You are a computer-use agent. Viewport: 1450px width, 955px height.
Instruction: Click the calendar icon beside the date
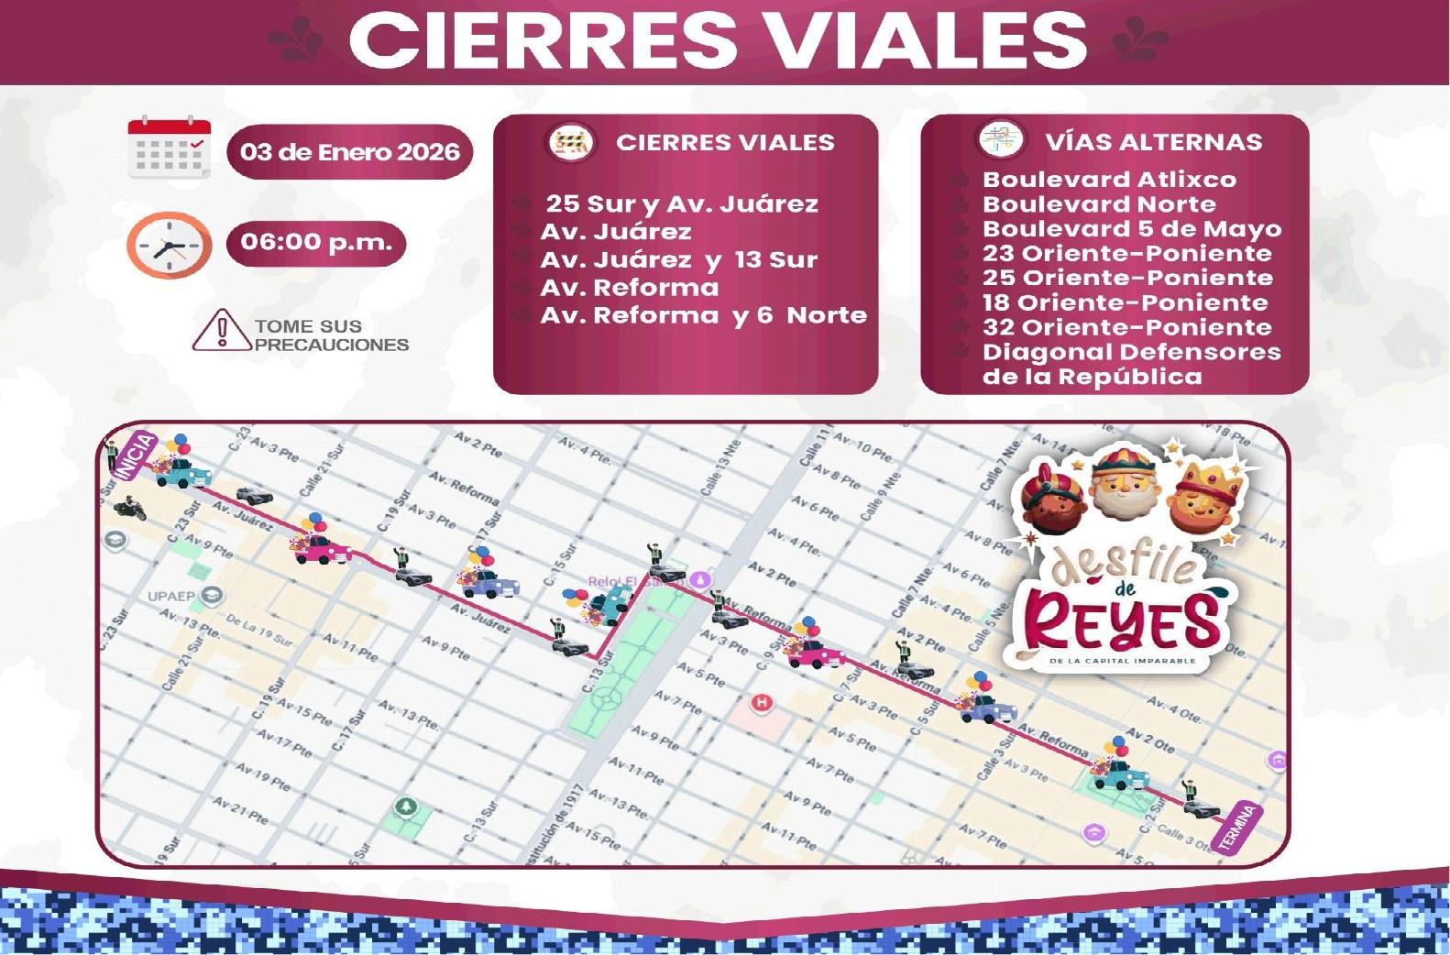pos(170,148)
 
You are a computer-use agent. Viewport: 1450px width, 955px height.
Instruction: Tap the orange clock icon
pos(169,245)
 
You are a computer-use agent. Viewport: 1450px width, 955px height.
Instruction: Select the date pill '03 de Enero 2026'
pos(349,152)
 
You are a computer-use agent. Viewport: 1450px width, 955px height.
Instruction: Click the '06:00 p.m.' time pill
pos(316,243)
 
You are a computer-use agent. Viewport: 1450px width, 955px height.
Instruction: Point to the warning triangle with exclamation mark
pos(221,331)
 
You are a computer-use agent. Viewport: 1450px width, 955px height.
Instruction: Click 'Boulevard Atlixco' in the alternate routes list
pos(1109,180)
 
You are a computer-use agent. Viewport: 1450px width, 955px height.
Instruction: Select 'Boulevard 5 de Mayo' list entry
pos(1132,229)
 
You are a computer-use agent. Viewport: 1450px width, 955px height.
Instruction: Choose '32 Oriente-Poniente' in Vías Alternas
pos(1126,327)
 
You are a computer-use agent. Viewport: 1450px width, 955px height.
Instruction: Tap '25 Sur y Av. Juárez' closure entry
pos(682,203)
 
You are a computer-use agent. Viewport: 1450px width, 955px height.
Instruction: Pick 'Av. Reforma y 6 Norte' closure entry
pos(703,315)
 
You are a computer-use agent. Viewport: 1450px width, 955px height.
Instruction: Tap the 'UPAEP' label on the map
pos(171,597)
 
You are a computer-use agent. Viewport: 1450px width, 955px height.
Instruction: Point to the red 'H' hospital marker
pos(761,703)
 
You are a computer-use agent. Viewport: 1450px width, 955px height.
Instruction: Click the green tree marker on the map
pos(405,807)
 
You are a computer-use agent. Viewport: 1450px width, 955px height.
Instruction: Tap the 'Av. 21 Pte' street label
pos(240,808)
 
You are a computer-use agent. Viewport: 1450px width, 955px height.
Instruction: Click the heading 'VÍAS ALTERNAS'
pos(1153,142)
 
